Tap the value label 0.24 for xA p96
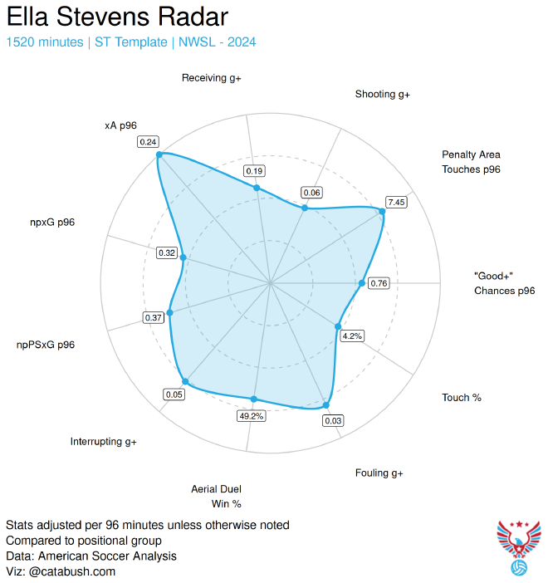(149, 142)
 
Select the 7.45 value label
(396, 202)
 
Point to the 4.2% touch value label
(352, 336)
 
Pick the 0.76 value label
(379, 283)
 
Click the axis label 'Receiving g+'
(212, 78)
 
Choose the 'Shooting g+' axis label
(383, 94)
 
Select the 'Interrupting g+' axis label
(104, 441)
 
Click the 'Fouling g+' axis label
(379, 473)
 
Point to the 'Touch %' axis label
(462, 398)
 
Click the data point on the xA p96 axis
(159, 154)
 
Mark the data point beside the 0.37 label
(170, 313)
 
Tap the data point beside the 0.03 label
(325, 405)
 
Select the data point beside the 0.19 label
(257, 188)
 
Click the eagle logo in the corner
(518, 547)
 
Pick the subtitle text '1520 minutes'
(44, 42)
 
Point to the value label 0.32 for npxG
(167, 252)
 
